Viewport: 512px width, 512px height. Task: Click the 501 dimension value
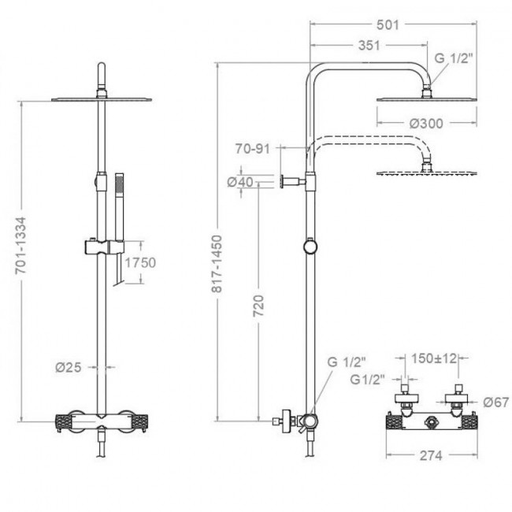(x=388, y=25)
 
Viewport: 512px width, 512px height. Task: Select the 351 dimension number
(x=369, y=46)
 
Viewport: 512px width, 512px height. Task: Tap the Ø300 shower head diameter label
(x=426, y=124)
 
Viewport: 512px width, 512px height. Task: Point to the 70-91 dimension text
(x=253, y=149)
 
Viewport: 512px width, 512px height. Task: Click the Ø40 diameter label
(x=240, y=182)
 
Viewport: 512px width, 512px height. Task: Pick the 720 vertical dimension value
(x=258, y=306)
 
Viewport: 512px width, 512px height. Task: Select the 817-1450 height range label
(x=217, y=264)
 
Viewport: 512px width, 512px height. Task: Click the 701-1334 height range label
(x=20, y=245)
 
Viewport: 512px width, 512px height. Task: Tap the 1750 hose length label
(x=140, y=262)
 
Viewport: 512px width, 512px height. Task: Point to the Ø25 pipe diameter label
(x=69, y=367)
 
